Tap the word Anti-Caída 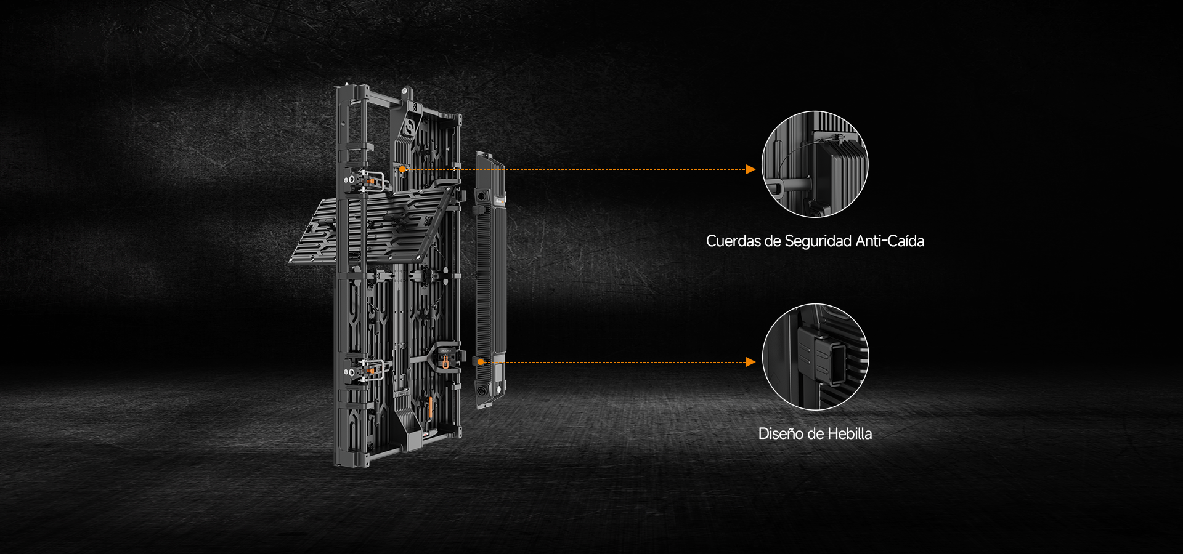click(x=890, y=241)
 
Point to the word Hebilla click(x=850, y=433)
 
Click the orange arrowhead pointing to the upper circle click(x=750, y=169)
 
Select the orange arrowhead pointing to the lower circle click(x=750, y=362)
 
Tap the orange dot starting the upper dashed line click(x=402, y=169)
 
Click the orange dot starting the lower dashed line click(x=481, y=362)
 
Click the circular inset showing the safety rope click(x=815, y=164)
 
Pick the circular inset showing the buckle click(x=815, y=357)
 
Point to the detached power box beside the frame click(x=490, y=280)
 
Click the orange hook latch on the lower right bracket click(x=445, y=362)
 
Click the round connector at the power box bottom click(x=481, y=391)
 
